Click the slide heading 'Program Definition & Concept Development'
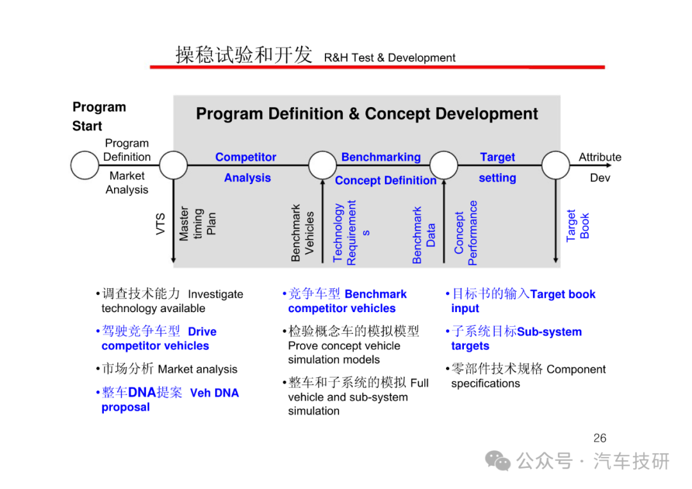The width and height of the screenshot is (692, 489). (x=367, y=114)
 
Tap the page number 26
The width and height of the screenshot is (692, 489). (x=600, y=438)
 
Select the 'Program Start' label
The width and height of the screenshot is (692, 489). (x=99, y=117)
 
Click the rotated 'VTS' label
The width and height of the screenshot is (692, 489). (x=160, y=224)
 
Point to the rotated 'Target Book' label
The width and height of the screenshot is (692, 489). (x=578, y=226)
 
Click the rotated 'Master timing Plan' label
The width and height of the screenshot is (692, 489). (x=197, y=224)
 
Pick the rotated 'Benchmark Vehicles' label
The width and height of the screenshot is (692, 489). (x=302, y=233)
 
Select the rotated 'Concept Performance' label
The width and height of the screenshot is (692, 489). (x=466, y=233)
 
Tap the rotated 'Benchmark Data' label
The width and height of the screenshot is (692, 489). (x=424, y=235)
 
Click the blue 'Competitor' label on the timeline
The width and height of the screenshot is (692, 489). (x=246, y=157)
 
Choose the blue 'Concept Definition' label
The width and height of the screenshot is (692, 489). (x=386, y=181)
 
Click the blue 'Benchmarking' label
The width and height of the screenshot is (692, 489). (x=381, y=157)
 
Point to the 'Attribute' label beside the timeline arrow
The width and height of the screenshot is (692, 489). (x=600, y=157)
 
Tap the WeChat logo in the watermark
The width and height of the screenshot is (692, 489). (x=498, y=461)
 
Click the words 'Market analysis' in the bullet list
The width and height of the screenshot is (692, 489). (x=198, y=369)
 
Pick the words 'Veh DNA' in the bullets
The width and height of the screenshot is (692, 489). (x=215, y=393)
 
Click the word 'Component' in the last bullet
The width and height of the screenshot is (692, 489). (x=576, y=369)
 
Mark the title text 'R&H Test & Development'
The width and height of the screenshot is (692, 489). (x=390, y=58)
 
